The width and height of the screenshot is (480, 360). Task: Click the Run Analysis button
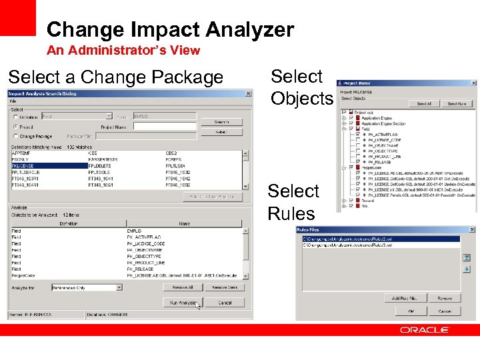click(x=182, y=303)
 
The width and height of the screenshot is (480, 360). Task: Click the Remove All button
click(x=182, y=287)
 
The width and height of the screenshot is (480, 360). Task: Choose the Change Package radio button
click(x=16, y=136)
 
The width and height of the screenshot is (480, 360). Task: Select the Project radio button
click(x=16, y=126)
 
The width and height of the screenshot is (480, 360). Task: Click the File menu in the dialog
click(x=13, y=101)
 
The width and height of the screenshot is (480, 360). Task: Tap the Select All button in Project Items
click(x=424, y=104)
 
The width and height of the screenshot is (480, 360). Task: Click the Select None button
click(x=457, y=104)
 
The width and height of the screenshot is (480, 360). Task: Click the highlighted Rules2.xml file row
click(x=380, y=239)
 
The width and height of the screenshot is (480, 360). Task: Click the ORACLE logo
click(x=425, y=330)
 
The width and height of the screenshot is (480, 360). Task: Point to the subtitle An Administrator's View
click(x=123, y=50)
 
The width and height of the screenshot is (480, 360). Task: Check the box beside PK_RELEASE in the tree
click(x=358, y=161)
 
